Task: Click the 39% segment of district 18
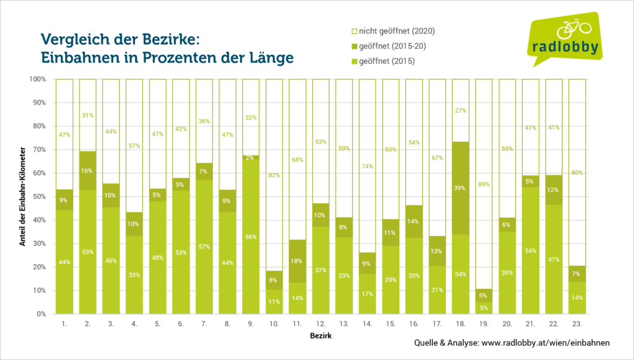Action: click(x=461, y=188)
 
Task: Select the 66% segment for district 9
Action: click(x=251, y=237)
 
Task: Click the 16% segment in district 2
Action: click(x=88, y=170)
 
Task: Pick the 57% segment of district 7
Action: click(x=204, y=247)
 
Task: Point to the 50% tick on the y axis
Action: click(x=38, y=196)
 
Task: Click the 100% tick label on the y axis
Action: click(x=37, y=79)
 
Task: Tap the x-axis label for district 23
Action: click(x=577, y=323)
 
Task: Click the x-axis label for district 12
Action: click(x=321, y=323)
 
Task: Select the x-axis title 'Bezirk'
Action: click(x=321, y=336)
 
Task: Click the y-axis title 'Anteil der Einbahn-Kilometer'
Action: click(x=22, y=197)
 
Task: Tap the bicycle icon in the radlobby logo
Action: click(x=574, y=28)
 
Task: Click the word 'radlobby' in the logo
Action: click(x=565, y=47)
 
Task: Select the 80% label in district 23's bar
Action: click(x=577, y=173)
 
